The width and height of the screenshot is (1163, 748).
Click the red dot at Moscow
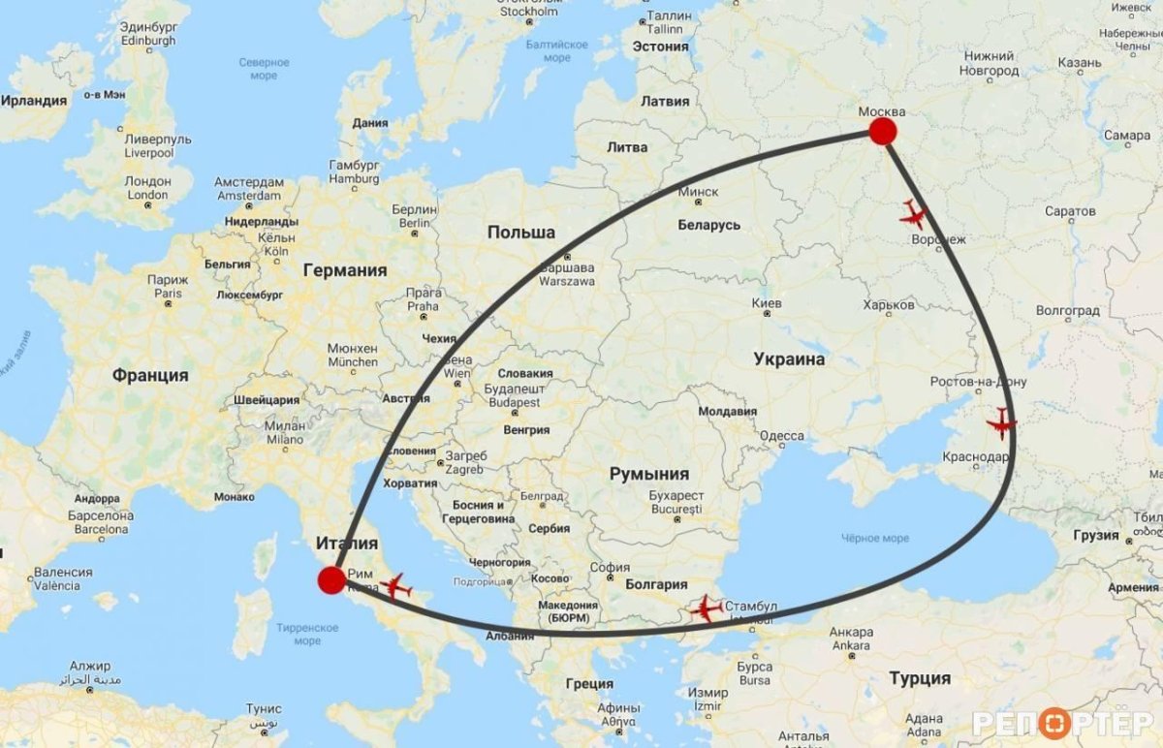(882, 132)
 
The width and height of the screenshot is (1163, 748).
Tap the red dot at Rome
(331, 580)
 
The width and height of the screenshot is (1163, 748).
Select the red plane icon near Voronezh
(913, 213)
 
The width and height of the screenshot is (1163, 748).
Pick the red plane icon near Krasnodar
(1001, 423)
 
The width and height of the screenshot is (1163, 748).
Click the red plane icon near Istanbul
(706, 609)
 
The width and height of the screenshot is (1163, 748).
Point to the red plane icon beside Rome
(395, 586)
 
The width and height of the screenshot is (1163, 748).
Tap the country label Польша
(521, 233)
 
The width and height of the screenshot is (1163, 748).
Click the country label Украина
(789, 359)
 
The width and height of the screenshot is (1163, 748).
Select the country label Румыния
(648, 474)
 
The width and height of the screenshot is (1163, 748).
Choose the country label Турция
(920, 678)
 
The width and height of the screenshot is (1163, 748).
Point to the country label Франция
(150, 375)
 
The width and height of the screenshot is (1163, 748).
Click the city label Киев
(767, 303)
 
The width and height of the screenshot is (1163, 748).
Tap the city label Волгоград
(1067, 311)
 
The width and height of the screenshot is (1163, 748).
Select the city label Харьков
(889, 304)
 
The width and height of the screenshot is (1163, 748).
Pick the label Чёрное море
(875, 539)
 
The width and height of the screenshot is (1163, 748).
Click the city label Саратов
(1070, 211)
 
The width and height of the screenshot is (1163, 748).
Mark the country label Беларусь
(708, 225)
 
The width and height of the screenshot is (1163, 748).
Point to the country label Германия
(344, 270)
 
